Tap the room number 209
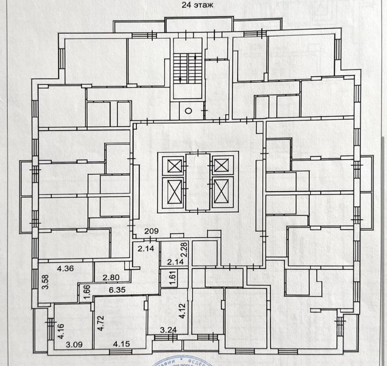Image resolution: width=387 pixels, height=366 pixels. [x=151, y=231]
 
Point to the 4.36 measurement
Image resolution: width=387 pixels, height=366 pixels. [x=65, y=268]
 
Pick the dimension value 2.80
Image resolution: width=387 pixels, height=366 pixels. [x=111, y=278]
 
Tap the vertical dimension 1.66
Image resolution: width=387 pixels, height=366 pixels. [x=87, y=292]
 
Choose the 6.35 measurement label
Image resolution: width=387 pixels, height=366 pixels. [x=117, y=291]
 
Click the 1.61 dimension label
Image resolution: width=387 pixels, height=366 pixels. [x=172, y=278]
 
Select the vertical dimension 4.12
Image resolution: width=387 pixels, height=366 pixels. [x=183, y=310]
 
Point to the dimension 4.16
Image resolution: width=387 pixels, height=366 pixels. [x=61, y=331]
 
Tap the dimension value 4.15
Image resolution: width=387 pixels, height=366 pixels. [x=122, y=344]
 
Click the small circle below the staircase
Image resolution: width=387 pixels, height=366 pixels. [x=188, y=111]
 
